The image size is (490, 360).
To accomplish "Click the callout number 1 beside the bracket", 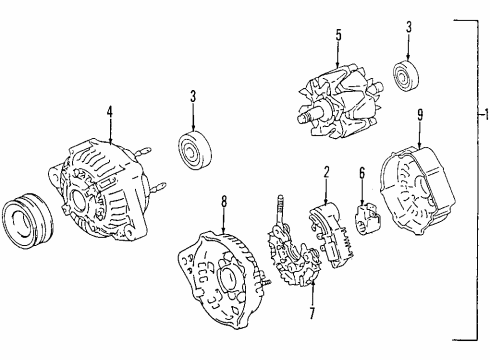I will pyautogui.click(x=484, y=114).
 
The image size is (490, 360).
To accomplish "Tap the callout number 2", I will pyautogui.click(x=326, y=174).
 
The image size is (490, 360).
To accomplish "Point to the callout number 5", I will pyautogui.click(x=338, y=37).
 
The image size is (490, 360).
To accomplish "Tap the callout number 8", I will pyautogui.click(x=224, y=201).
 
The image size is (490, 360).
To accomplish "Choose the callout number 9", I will pyautogui.click(x=420, y=114).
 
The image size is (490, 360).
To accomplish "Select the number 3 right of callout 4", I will pyautogui.click(x=193, y=97).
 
